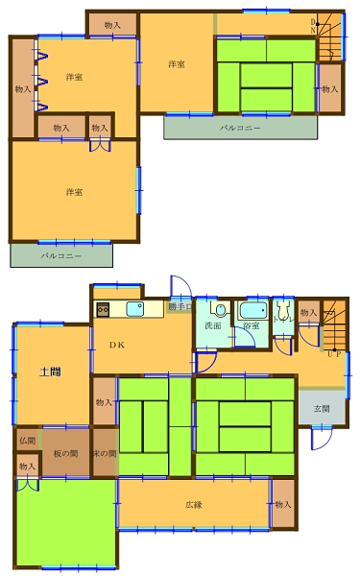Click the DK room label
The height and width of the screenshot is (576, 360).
115,345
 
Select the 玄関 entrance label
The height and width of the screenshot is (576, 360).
322,408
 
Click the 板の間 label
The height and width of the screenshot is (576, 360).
65,453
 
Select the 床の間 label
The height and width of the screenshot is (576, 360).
105,453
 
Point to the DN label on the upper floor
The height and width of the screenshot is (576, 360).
313,26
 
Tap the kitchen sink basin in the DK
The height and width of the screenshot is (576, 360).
135,309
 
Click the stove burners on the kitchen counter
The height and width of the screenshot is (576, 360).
104,309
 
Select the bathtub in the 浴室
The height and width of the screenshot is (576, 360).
254,311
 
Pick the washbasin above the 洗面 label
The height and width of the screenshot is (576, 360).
219,310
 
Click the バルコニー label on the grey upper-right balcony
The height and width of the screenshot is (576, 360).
239,127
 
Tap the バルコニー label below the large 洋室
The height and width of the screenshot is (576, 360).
60,256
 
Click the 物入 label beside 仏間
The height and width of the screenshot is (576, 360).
27,467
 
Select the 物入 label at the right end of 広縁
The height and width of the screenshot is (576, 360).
282,504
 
